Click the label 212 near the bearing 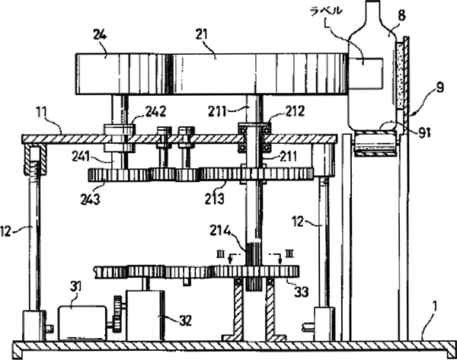(275, 112)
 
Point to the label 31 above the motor (75, 285)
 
